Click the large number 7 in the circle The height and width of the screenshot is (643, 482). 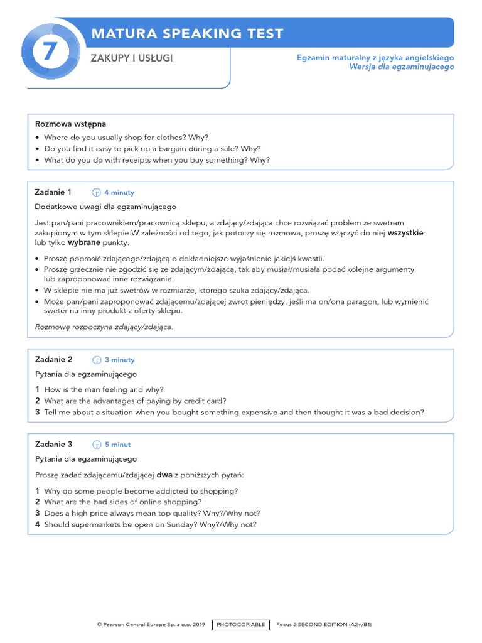click(x=50, y=53)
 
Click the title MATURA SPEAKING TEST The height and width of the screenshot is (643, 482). click(x=187, y=34)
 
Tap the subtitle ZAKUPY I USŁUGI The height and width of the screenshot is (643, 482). click(x=132, y=58)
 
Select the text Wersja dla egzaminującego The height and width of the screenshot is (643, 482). click(x=402, y=67)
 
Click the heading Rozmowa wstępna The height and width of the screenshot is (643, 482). click(x=71, y=124)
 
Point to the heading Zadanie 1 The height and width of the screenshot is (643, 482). click(x=53, y=192)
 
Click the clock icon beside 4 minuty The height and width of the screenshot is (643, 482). click(x=97, y=193)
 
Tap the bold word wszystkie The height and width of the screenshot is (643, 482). click(x=405, y=233)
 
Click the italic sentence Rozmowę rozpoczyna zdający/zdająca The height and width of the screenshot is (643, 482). click(x=104, y=327)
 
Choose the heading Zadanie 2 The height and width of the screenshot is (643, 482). click(x=53, y=360)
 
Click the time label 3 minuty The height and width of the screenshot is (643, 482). click(x=119, y=360)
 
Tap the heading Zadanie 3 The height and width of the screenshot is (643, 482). click(x=53, y=445)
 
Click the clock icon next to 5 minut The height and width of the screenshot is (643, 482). click(x=97, y=445)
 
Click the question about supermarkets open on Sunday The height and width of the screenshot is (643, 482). click(x=150, y=524)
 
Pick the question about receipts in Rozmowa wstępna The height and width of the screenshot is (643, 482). click(x=157, y=160)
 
